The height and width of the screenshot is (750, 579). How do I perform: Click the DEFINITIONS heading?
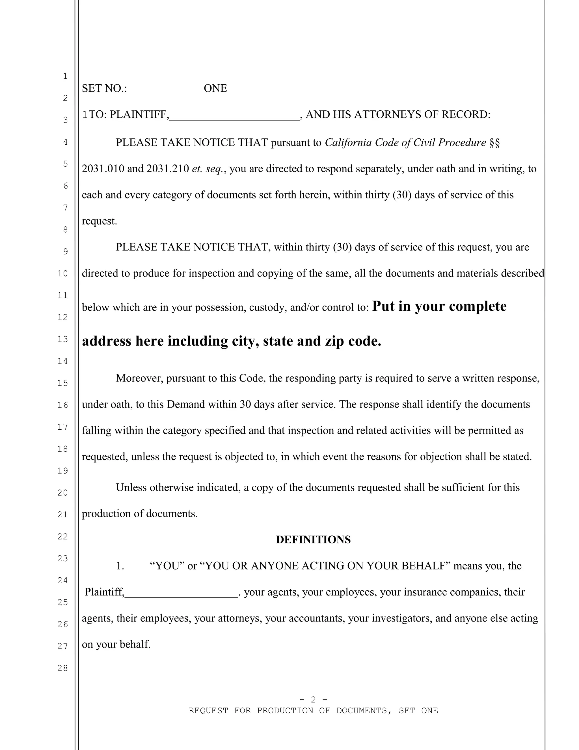click(x=313, y=539)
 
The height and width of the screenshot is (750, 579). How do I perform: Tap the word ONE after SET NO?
click(x=215, y=88)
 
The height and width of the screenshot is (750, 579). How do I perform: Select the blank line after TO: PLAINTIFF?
click(x=235, y=117)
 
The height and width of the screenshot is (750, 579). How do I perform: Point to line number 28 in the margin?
click(x=62, y=668)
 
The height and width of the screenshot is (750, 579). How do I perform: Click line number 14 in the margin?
click(x=62, y=361)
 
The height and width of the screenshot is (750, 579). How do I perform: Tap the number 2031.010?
click(x=103, y=169)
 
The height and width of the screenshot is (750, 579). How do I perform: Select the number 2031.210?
click(x=168, y=169)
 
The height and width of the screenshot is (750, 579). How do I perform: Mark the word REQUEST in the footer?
click(x=208, y=710)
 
